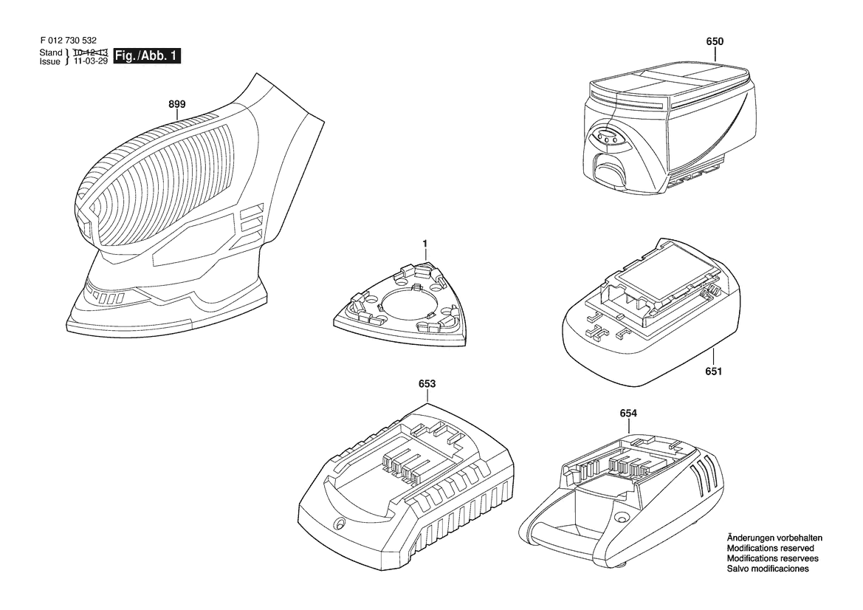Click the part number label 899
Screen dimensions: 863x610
tap(177, 104)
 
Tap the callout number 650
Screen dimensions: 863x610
tap(715, 41)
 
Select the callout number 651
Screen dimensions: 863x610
tap(713, 371)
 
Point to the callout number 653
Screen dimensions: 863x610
tap(427, 384)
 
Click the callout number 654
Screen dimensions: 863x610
tap(628, 413)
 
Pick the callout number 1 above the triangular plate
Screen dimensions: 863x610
tap(425, 243)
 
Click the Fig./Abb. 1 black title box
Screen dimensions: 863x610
tap(147, 56)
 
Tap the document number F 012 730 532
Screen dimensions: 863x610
tap(69, 40)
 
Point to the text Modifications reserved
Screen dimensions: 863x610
tap(770, 548)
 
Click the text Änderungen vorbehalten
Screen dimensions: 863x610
tap(774, 538)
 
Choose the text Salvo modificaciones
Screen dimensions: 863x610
tap(768, 568)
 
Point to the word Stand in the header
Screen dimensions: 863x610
tap(51, 52)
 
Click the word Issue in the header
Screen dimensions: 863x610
tap(50, 61)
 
